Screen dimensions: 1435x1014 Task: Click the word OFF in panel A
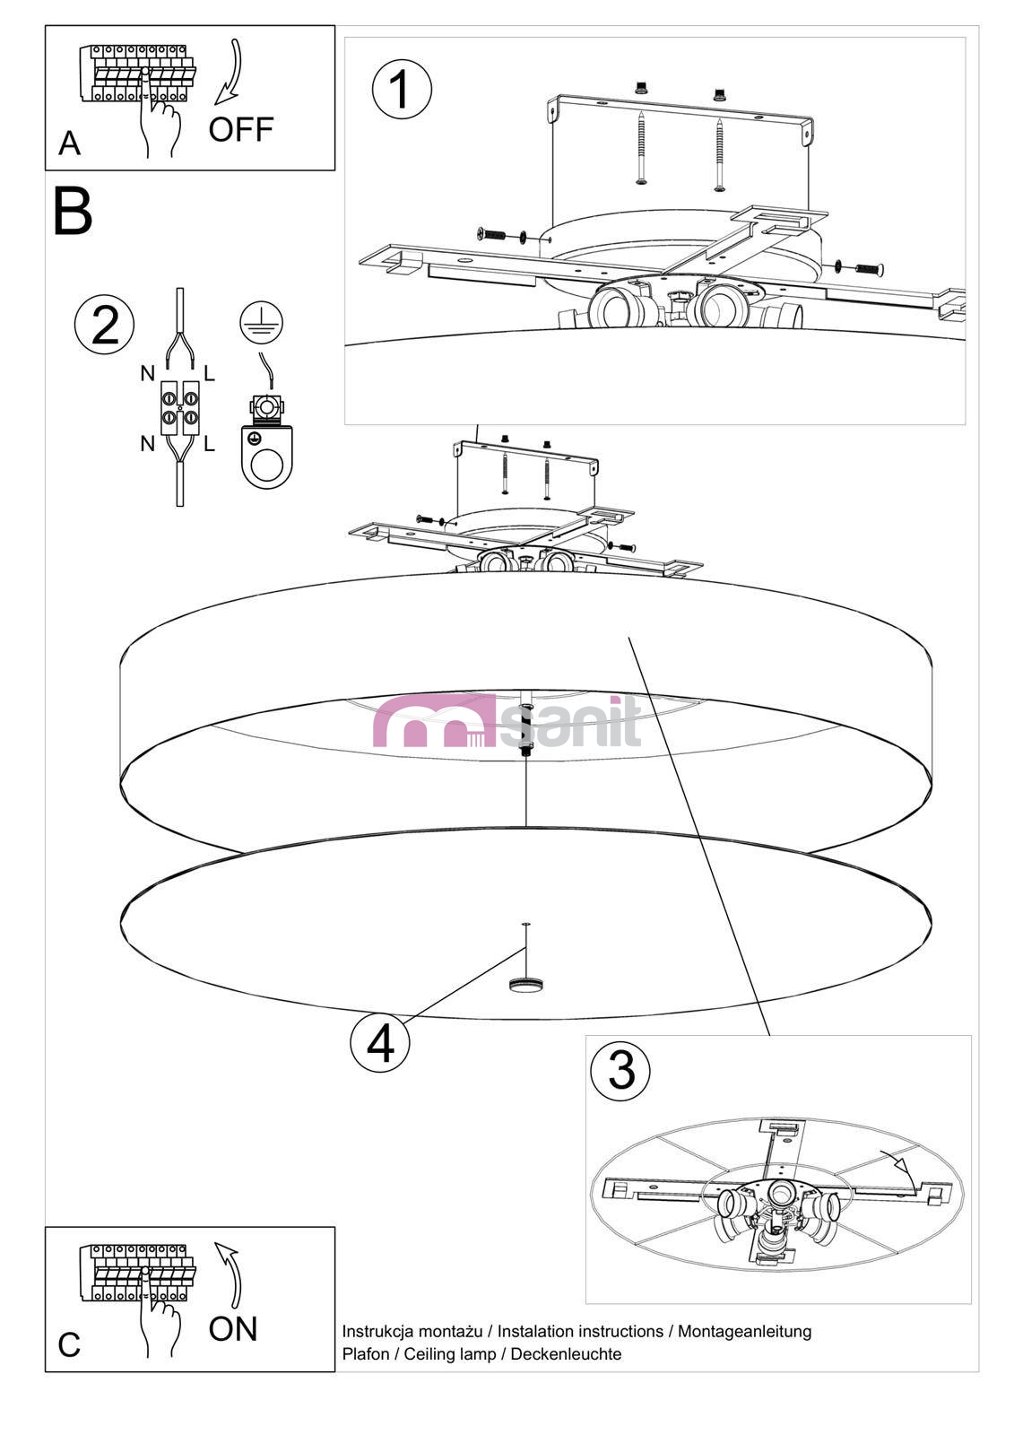240,130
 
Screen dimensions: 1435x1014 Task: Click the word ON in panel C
233,1329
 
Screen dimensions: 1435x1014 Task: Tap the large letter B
73,212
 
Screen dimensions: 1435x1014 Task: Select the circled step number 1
401,89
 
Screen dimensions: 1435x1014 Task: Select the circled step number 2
104,325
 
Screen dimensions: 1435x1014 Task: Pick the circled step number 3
620,1069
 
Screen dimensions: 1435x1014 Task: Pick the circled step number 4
380,1043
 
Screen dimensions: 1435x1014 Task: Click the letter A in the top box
69,143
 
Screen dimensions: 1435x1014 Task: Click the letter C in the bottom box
69,1345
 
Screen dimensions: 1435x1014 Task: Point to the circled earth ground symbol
262,322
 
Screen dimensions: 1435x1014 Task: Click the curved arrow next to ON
230,1274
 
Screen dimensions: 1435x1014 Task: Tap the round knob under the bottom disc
525,984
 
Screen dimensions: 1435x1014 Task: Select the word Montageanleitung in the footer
744,1332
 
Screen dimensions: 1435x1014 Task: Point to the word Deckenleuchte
566,1354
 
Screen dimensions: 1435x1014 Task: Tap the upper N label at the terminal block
148,374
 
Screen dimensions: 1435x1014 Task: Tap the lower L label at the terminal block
209,444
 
